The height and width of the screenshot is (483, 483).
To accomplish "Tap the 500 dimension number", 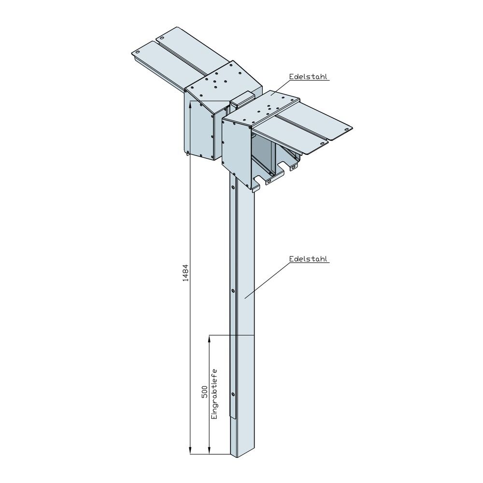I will [x=204, y=392].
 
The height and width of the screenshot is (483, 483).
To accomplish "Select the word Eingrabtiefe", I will [x=214, y=394].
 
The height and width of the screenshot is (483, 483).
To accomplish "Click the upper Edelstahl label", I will [x=309, y=76].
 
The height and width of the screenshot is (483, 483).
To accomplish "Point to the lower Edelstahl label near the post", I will [x=309, y=259].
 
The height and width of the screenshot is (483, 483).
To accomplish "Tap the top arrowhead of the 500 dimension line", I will [x=209, y=338].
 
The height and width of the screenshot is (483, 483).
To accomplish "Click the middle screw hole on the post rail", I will [x=233, y=291].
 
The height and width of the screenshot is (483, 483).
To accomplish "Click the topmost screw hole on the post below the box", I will [x=233, y=186].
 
